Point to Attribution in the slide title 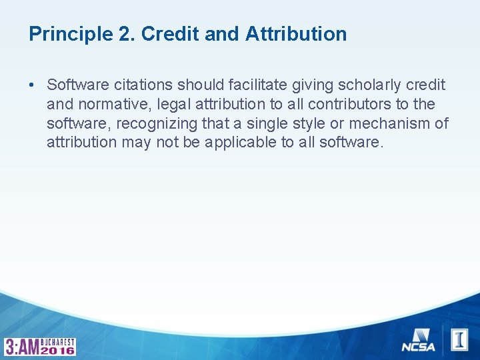click(x=296, y=34)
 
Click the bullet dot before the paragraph click(x=32, y=85)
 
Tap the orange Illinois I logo click(x=459, y=339)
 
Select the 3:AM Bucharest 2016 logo click(x=40, y=346)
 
